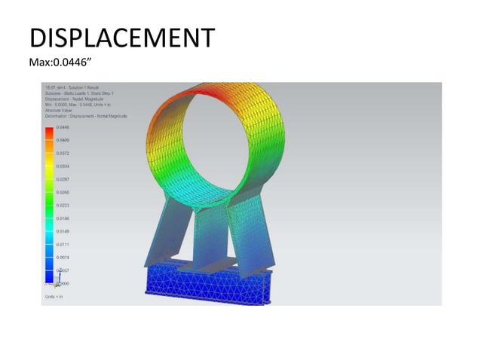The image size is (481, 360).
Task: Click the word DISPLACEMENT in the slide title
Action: pyautogui.click(x=121, y=38)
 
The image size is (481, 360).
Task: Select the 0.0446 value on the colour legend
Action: pyautogui.click(x=63, y=128)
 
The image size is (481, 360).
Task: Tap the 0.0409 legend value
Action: pyautogui.click(x=63, y=141)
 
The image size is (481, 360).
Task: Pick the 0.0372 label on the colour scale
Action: pyautogui.click(x=63, y=154)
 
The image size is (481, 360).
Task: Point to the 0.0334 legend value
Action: pyautogui.click(x=63, y=166)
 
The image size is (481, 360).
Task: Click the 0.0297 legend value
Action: pyautogui.click(x=63, y=179)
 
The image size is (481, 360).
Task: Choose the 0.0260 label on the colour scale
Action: pyautogui.click(x=63, y=192)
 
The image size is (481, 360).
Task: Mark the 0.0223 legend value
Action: pyautogui.click(x=63, y=205)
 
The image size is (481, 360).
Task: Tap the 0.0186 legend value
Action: pyautogui.click(x=63, y=218)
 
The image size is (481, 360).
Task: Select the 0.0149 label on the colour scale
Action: pyautogui.click(x=63, y=231)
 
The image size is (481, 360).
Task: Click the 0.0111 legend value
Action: pyautogui.click(x=63, y=244)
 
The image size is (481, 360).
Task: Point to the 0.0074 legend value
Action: pyautogui.click(x=63, y=257)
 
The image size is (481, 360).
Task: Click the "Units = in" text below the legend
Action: pyautogui.click(x=53, y=298)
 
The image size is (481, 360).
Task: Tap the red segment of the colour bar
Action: pyautogui.click(x=49, y=132)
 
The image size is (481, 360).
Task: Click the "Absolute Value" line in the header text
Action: pyautogui.click(x=58, y=111)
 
